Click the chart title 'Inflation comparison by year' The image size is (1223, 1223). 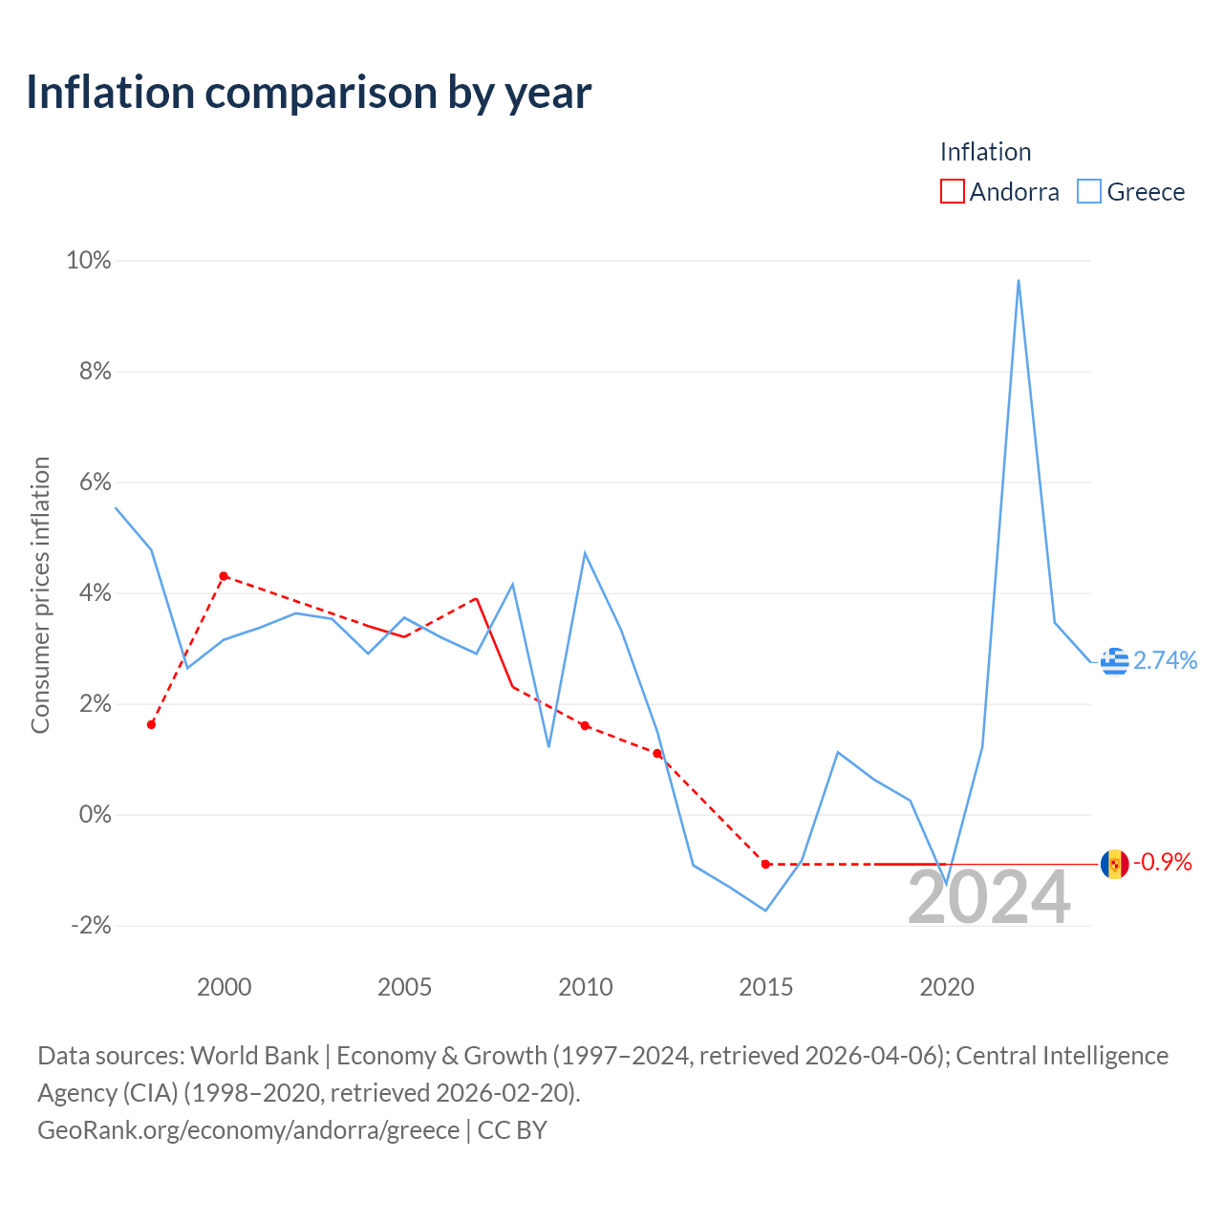click(x=309, y=94)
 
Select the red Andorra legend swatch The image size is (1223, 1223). click(x=952, y=191)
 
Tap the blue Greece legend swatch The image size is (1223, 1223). click(x=1088, y=191)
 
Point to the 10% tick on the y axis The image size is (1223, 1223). click(x=88, y=260)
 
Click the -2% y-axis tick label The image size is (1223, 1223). click(x=91, y=925)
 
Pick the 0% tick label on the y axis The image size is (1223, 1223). click(x=96, y=814)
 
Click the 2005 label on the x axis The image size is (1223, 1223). click(x=404, y=987)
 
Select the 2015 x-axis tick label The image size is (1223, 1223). click(x=765, y=987)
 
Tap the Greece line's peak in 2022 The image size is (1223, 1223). click(x=1018, y=281)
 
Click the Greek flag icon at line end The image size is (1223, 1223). click(x=1114, y=661)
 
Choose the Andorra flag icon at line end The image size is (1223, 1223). click(x=1114, y=864)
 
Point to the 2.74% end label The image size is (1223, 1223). click(x=1166, y=660)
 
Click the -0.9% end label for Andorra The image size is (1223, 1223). click(x=1163, y=862)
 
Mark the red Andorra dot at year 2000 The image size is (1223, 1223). click(x=224, y=575)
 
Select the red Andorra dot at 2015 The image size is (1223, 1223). click(x=765, y=864)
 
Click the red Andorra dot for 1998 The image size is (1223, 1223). click(x=151, y=725)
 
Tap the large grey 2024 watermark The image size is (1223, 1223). click(x=989, y=897)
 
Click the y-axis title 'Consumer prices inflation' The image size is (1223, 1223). click(x=41, y=595)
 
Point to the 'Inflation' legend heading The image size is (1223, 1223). click(x=985, y=152)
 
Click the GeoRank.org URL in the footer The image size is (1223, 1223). click(x=248, y=1129)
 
